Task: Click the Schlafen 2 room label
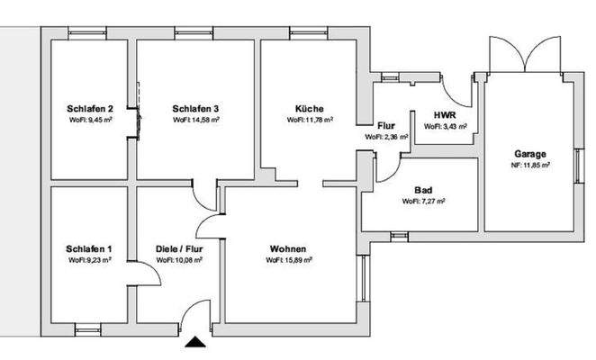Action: pos(89,108)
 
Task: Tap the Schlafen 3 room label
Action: pos(195,108)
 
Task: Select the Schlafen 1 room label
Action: pos(89,248)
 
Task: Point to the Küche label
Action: pos(309,108)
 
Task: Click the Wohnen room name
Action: pos(288,248)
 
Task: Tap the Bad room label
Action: pos(423,190)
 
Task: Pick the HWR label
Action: pos(444,116)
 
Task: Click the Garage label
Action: pos(530,154)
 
